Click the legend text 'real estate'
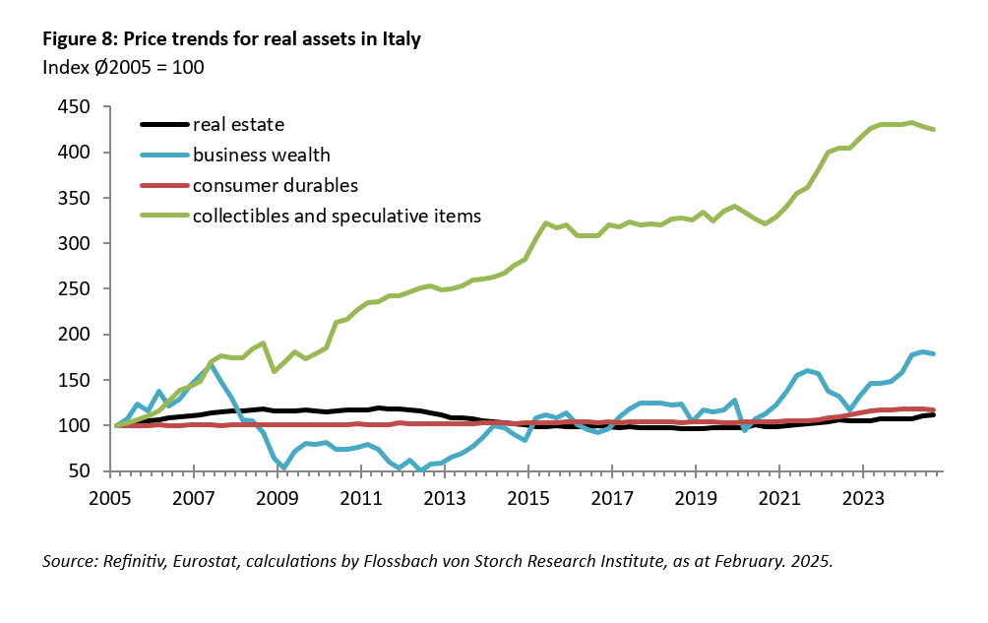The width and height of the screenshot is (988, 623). tap(238, 125)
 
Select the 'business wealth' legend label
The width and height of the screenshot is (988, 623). tap(262, 155)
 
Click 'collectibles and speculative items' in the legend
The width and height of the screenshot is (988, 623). tap(337, 215)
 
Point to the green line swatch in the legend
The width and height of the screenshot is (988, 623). tap(162, 215)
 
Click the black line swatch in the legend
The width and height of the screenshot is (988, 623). tap(162, 125)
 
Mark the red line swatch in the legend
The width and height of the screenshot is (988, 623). tap(162, 184)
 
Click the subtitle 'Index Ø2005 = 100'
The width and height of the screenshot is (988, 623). tap(123, 68)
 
